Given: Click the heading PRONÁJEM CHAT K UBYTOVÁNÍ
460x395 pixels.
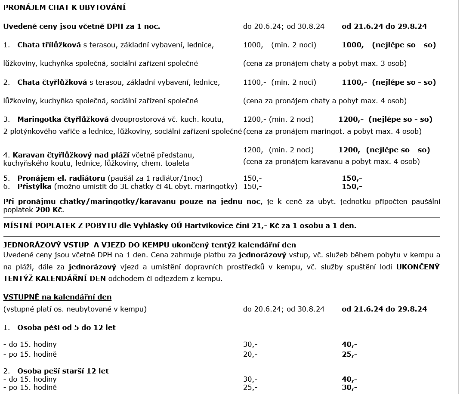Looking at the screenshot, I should pos(65,8).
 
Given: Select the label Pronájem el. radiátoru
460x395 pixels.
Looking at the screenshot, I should pos(62,178).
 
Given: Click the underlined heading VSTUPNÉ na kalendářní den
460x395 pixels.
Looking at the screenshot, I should pos(57,297).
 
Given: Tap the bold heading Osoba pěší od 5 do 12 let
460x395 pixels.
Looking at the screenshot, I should pos(66,327).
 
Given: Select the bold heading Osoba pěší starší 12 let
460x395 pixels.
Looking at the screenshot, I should pos(63,371).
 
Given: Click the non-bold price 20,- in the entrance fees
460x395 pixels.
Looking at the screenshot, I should pos(250,355).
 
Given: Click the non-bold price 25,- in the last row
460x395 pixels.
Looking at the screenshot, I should pos(250,387).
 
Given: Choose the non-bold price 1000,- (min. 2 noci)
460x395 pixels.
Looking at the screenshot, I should pos(279,45).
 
